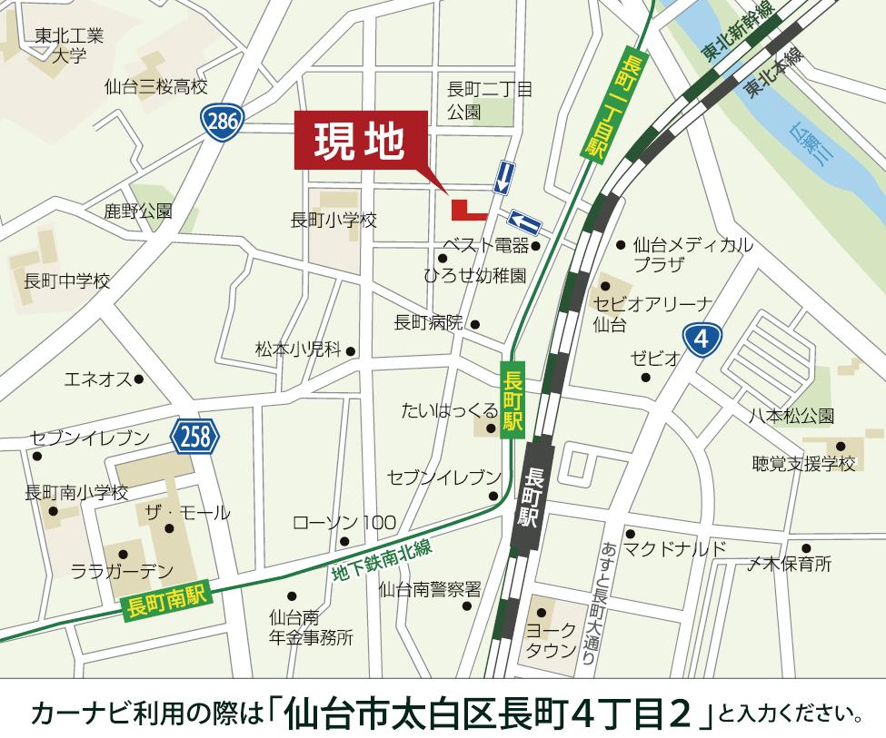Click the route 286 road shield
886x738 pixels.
tap(221, 121)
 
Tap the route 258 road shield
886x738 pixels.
tap(195, 438)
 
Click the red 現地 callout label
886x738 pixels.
tap(360, 143)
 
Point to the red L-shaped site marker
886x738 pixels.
tap(466, 210)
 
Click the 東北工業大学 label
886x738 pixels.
tap(69, 45)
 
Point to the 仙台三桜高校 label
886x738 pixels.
tap(155, 87)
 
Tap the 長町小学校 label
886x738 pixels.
tap(333, 220)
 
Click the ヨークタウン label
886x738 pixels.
tap(551, 641)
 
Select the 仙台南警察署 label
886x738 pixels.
tap(429, 589)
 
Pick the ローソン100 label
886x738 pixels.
tap(343, 523)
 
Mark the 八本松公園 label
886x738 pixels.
tap(791, 417)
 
